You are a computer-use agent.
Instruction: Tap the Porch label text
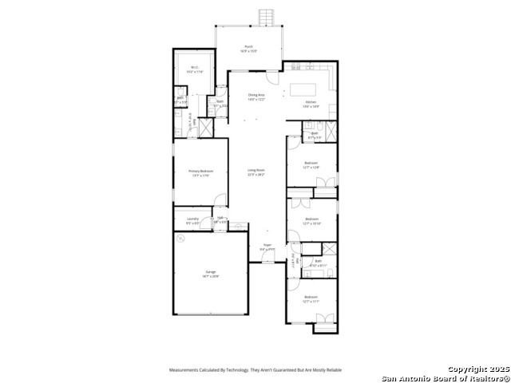click(249, 49)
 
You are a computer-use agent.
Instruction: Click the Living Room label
click(255, 172)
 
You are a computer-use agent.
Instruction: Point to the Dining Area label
click(255, 97)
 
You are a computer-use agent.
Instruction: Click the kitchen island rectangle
click(303, 89)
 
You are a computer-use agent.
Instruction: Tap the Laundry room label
click(192, 220)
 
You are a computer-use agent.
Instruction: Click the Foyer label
click(267, 248)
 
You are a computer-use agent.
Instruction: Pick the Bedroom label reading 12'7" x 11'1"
click(311, 299)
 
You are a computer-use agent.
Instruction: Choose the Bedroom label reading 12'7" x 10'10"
click(311, 221)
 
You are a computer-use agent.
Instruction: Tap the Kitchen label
click(311, 104)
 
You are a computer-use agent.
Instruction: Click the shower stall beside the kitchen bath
click(330, 128)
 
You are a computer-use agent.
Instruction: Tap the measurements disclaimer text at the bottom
click(255, 370)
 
